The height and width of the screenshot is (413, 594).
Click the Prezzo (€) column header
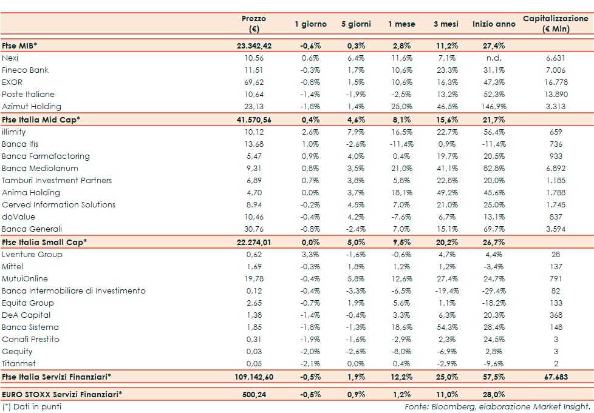253,24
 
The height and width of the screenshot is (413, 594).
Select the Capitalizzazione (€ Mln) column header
555,24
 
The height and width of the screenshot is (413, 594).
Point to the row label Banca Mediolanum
39,169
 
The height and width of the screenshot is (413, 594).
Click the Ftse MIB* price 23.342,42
254,45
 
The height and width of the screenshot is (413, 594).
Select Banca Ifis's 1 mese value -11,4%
401,144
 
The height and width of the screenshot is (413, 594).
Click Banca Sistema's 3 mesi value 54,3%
448,327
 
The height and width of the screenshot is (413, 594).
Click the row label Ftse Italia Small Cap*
44,242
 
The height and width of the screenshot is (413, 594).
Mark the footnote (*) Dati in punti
32,406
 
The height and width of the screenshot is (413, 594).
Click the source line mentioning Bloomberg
498,406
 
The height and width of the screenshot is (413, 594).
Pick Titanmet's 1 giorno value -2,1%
311,364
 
